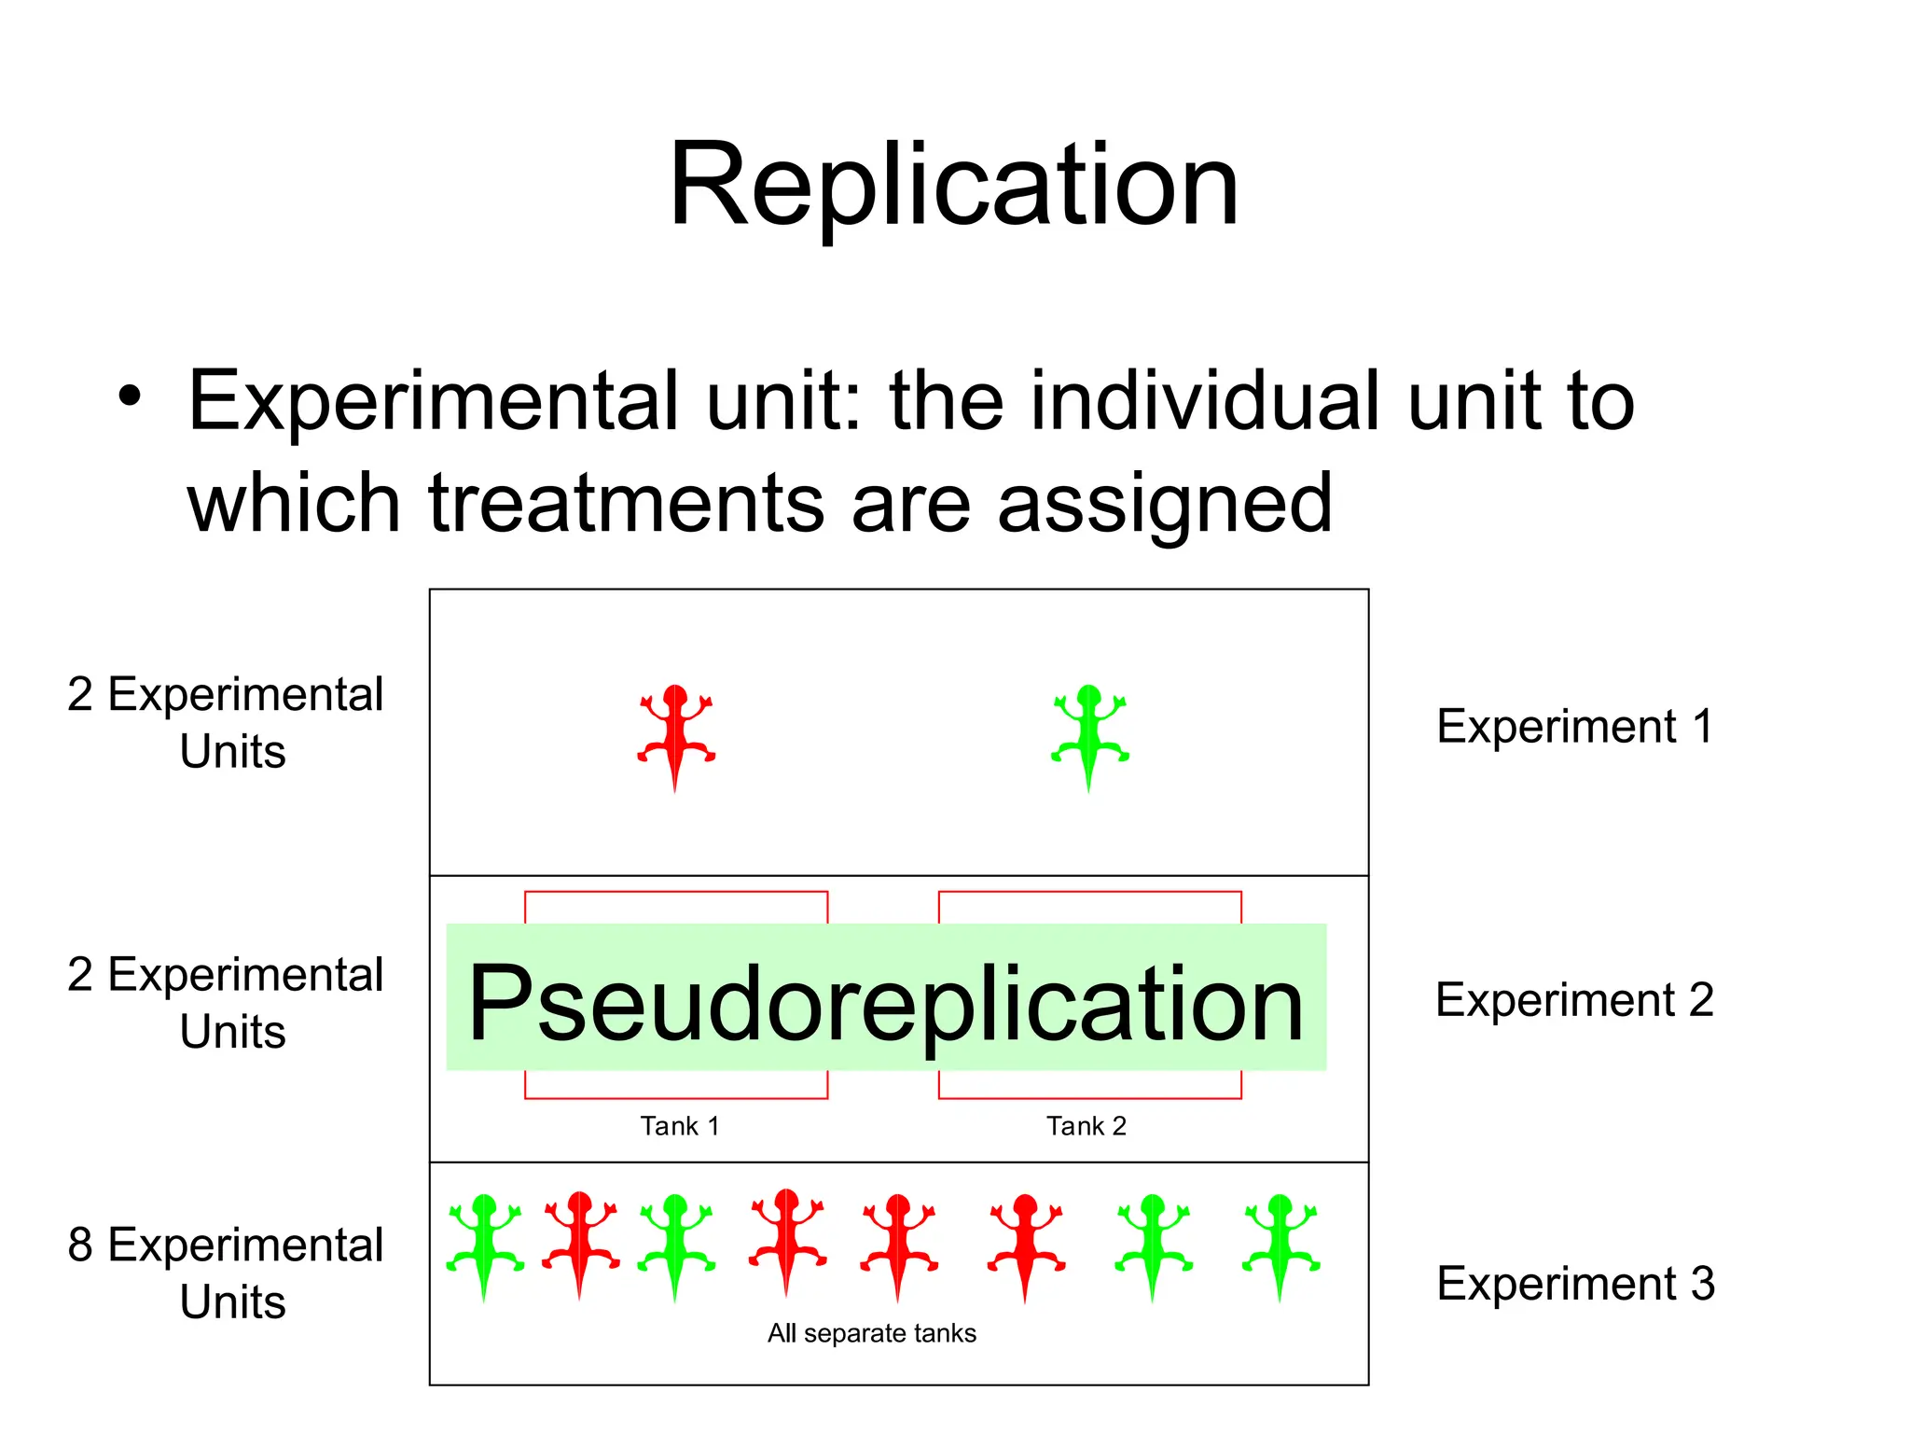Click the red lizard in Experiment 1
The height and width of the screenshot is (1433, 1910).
(x=676, y=734)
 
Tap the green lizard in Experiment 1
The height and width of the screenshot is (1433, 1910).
(x=1089, y=734)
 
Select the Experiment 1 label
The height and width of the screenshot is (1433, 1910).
(x=1575, y=727)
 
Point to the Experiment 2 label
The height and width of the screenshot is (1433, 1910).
(x=1574, y=1000)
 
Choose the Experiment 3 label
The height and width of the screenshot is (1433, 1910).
(x=1575, y=1284)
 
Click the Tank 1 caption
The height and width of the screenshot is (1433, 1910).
(x=679, y=1126)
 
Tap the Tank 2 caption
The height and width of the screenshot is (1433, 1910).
(x=1086, y=1126)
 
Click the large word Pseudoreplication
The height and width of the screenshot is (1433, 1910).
(x=886, y=1003)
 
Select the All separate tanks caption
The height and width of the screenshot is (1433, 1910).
(x=871, y=1333)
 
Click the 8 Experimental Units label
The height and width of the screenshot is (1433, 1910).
(x=226, y=1273)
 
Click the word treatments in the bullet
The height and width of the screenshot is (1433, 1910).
(x=627, y=504)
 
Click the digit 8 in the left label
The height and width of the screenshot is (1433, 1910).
(x=80, y=1245)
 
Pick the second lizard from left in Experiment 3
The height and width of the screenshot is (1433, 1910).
(x=580, y=1242)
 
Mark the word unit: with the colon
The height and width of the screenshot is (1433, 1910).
(x=783, y=401)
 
